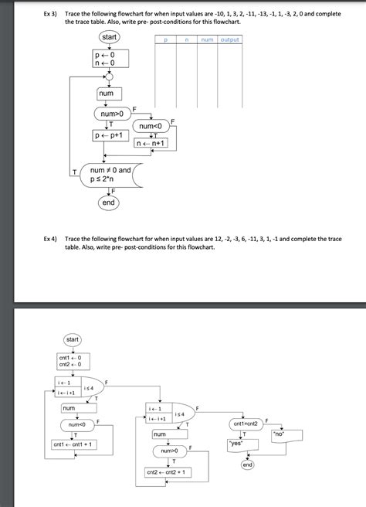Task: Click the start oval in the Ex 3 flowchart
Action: point(109,39)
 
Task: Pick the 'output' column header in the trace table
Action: point(229,39)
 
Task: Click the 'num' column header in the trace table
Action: point(207,39)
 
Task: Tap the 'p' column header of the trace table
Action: point(165,39)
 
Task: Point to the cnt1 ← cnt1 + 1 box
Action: point(74,444)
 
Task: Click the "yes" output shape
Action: point(237,444)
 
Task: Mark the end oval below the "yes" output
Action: point(247,465)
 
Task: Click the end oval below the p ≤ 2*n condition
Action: point(108,202)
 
